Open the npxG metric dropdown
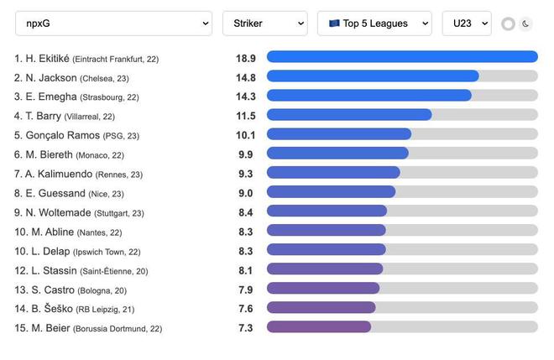[x=112, y=23]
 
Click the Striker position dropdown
[x=264, y=23]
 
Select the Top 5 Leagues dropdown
[x=374, y=23]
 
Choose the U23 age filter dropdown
[x=466, y=23]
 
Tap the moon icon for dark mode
[x=526, y=23]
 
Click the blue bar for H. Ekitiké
[x=402, y=57]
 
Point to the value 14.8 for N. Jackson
[x=246, y=76]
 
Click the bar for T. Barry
[x=349, y=115]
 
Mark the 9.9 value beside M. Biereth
[x=246, y=154]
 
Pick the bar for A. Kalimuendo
[x=333, y=173]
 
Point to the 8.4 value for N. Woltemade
[x=246, y=212]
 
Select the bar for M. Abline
[x=327, y=231]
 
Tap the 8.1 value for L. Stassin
[x=246, y=270]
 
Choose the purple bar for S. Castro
[x=323, y=289]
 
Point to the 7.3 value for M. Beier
[x=246, y=328]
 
